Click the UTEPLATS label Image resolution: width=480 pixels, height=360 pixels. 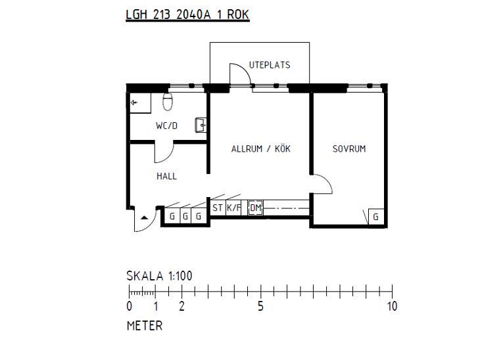(x=270, y=65)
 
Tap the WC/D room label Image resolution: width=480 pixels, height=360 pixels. (x=166, y=125)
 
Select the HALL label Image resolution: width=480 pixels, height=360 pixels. (x=166, y=176)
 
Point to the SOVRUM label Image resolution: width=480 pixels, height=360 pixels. (x=349, y=149)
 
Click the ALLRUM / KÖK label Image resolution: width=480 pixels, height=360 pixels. (x=261, y=149)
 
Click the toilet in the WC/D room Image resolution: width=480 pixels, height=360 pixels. (x=168, y=102)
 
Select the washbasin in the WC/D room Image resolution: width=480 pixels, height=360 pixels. (x=201, y=125)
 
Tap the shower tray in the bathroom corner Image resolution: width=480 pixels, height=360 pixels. (x=140, y=102)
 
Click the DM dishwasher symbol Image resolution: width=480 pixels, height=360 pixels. (x=255, y=208)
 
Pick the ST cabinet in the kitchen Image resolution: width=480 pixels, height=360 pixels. (x=218, y=208)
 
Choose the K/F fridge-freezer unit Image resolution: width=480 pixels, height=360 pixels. (x=233, y=208)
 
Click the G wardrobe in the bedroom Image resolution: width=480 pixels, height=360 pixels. (x=376, y=217)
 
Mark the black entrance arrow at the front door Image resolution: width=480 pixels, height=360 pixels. (x=145, y=218)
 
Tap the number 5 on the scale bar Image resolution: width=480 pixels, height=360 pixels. (x=260, y=306)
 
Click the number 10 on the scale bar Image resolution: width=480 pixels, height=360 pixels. (x=392, y=306)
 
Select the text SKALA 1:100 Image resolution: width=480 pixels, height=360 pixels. (x=160, y=276)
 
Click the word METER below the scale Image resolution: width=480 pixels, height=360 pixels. (x=145, y=326)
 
